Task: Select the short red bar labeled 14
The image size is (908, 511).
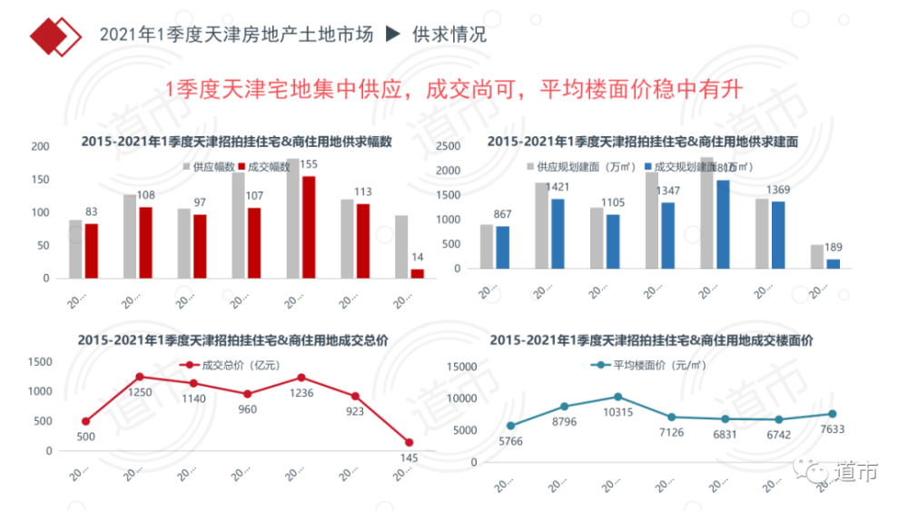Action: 418,272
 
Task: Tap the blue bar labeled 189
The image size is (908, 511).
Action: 833,264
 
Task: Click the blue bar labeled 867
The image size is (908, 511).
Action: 503,248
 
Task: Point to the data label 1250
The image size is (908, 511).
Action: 139,391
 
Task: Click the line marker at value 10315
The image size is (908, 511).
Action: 618,397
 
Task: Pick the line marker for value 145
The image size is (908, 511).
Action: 409,442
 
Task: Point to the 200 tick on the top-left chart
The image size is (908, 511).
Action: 40,147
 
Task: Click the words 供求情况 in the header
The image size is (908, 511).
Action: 449,35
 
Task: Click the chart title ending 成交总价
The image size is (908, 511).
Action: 233,339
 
